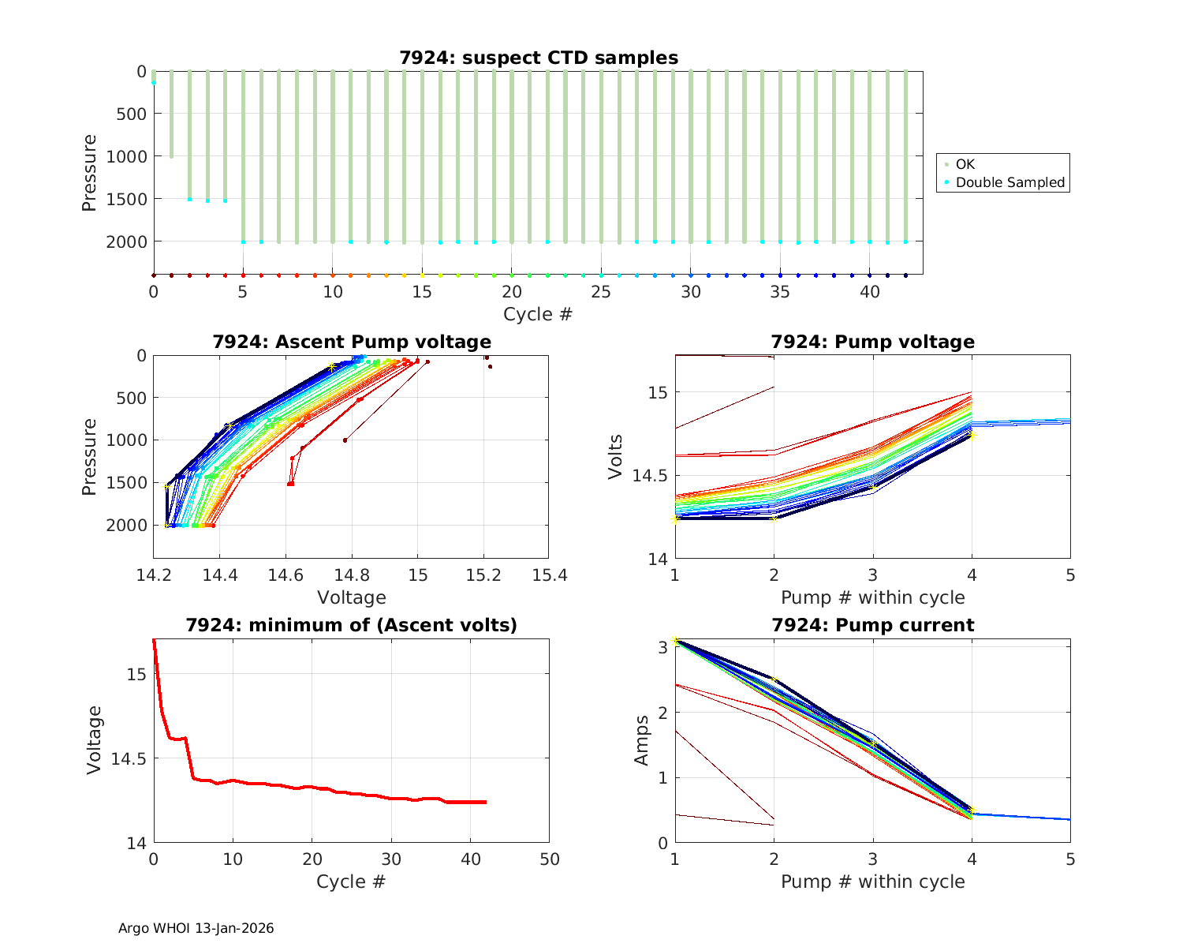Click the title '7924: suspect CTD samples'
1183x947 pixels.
click(538, 58)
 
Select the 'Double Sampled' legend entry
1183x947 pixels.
click(1009, 182)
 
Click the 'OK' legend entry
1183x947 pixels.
click(965, 164)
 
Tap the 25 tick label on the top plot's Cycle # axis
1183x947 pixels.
click(601, 291)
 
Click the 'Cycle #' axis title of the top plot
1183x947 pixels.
click(538, 314)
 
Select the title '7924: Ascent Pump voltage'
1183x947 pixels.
click(352, 342)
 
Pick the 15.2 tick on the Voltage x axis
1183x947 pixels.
click(483, 575)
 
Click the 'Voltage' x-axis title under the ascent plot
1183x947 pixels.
click(352, 597)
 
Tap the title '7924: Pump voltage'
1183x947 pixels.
click(872, 342)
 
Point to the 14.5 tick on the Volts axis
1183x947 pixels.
click(650, 476)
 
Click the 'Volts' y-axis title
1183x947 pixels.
click(617, 457)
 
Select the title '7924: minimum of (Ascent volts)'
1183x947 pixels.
click(352, 625)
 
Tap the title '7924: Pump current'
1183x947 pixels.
click(872, 625)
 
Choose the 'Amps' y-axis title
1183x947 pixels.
click(643, 739)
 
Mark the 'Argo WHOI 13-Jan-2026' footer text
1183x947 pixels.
click(196, 928)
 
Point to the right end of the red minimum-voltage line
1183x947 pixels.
click(485, 802)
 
